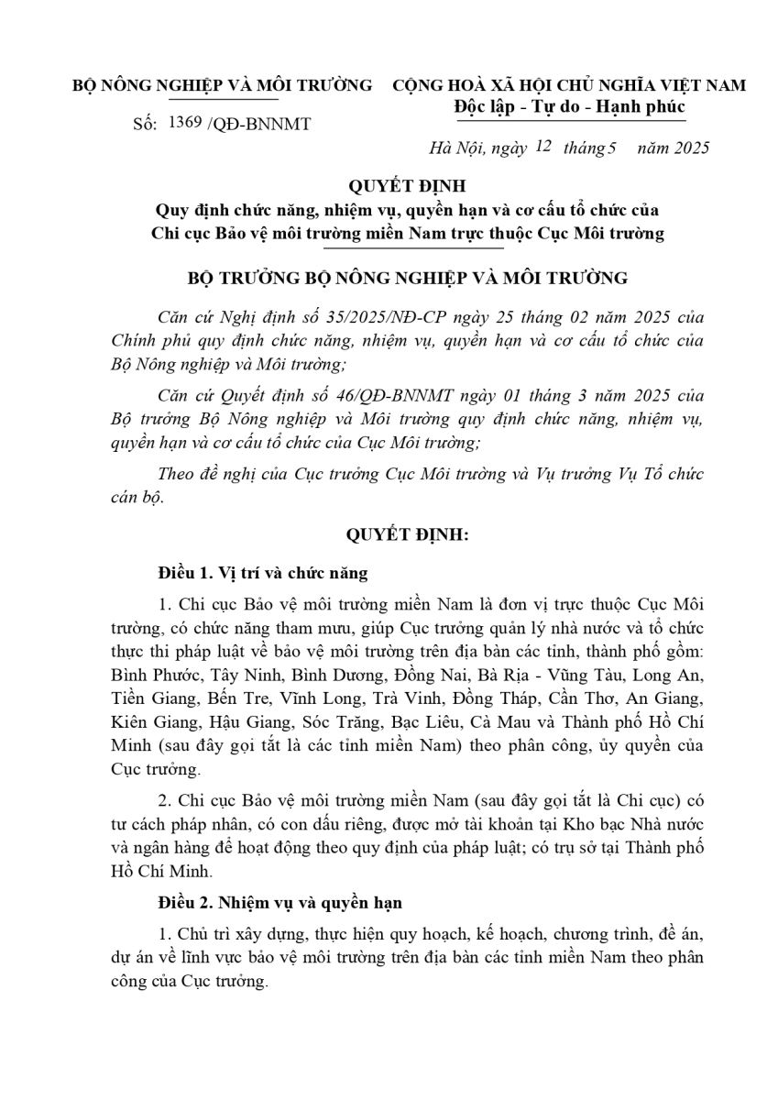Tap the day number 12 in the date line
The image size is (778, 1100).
coord(542,145)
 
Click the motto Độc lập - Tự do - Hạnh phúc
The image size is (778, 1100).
coord(569,107)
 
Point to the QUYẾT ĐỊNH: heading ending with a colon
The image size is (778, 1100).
coord(389,536)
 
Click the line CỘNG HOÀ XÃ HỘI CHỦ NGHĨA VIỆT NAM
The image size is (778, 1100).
coord(568,86)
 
